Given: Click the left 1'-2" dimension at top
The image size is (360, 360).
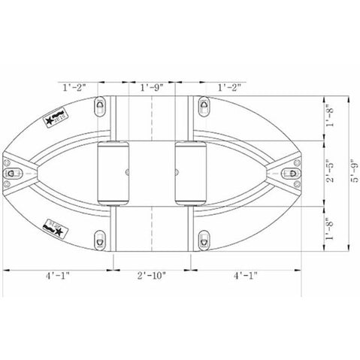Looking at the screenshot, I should click(x=75, y=87).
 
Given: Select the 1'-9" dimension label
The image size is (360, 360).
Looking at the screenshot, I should click(x=153, y=87).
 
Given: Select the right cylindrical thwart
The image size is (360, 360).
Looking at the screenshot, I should click(x=192, y=174).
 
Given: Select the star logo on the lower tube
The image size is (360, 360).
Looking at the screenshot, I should click(x=56, y=225).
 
